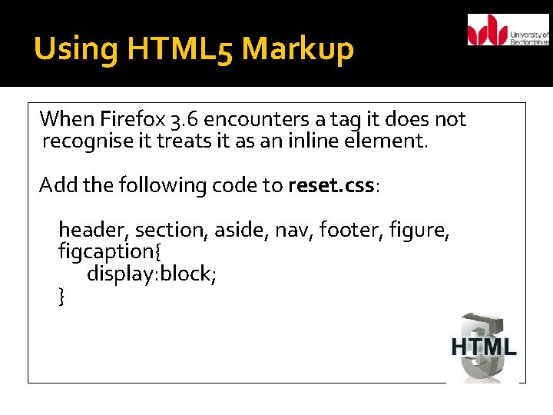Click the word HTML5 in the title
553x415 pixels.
click(181, 50)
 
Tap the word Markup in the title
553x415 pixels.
click(297, 50)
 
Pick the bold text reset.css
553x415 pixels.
click(332, 185)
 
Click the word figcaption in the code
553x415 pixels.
click(104, 251)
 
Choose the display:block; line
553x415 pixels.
click(151, 274)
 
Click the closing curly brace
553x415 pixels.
click(61, 295)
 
